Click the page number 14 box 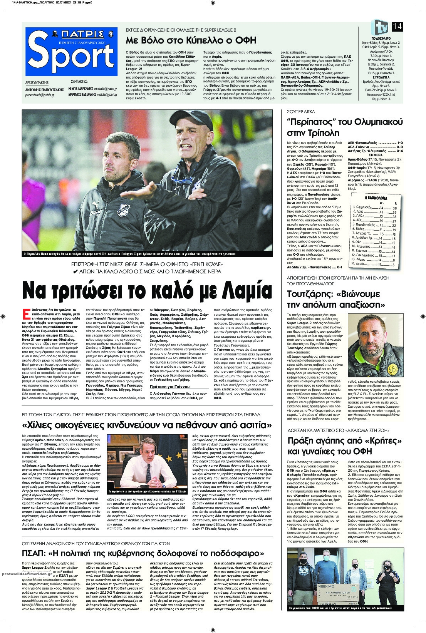point(397,27)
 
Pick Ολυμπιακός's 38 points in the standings point(394,208)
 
